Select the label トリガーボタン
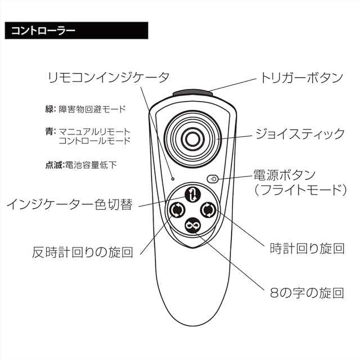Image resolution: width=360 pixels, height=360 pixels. (301, 77)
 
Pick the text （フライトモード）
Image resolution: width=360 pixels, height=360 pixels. (298, 190)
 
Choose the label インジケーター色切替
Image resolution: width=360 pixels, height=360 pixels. (70, 204)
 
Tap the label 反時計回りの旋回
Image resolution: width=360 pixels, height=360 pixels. (83, 251)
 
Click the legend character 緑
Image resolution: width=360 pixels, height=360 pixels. (49, 109)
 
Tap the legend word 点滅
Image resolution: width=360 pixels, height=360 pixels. (53, 165)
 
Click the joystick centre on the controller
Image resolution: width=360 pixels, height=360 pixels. (192, 138)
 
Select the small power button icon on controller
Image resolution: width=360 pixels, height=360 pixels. (212, 179)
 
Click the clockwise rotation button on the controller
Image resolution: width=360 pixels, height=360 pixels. (208, 210)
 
